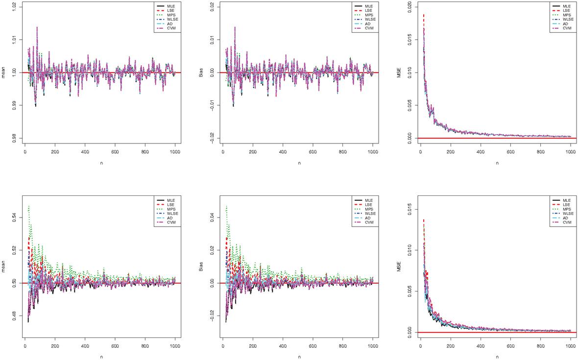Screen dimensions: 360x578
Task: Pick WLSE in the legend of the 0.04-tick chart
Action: (x=369, y=214)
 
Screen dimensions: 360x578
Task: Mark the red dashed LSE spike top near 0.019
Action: (x=424, y=15)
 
